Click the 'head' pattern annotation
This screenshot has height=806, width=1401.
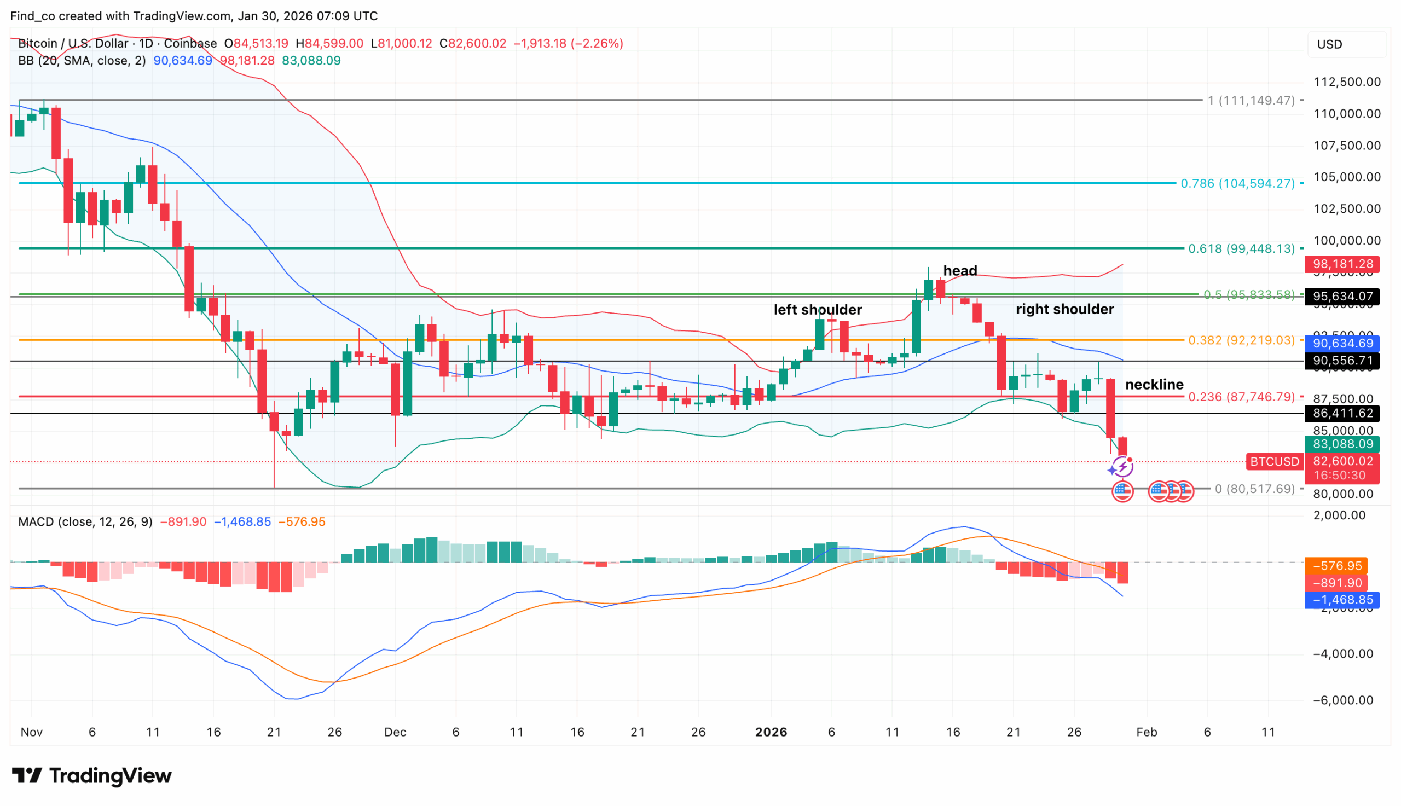(x=959, y=271)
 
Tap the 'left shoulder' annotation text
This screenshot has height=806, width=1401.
(x=817, y=310)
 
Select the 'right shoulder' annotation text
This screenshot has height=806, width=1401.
(x=1064, y=309)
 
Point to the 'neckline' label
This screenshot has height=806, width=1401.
(x=1154, y=384)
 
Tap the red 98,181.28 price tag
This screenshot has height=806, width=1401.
(x=1341, y=264)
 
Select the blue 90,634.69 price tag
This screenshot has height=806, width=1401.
(x=1341, y=343)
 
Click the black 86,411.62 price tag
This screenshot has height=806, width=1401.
(x=1341, y=413)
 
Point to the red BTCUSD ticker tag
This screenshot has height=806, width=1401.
(x=1273, y=461)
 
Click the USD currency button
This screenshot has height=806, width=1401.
(x=1329, y=44)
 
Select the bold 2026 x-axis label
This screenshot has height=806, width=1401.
(x=771, y=732)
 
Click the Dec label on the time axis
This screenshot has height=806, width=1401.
(x=395, y=732)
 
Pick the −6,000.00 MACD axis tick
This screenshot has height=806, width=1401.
(x=1342, y=700)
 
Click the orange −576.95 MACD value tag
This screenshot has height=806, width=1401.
(x=1336, y=566)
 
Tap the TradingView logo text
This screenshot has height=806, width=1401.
(x=92, y=775)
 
